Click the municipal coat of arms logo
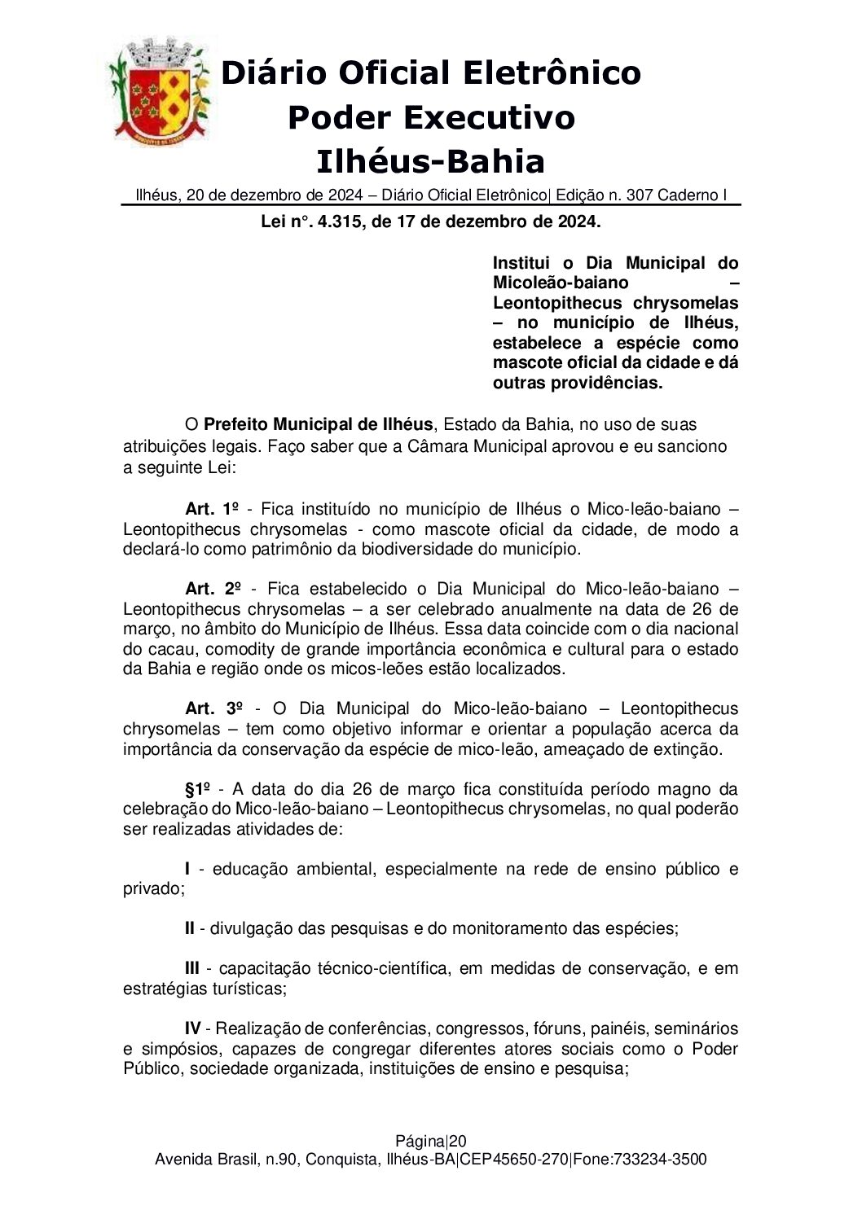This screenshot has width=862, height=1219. click(160, 90)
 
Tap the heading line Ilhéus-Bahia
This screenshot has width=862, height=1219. click(430, 161)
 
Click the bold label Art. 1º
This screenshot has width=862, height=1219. click(211, 509)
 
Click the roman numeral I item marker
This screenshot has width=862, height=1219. click(188, 869)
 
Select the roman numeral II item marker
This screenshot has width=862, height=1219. click(190, 928)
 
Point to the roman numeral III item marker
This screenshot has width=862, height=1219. click(192, 968)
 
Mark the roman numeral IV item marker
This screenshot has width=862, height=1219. click(193, 1028)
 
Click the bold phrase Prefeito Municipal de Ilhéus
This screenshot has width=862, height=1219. click(318, 425)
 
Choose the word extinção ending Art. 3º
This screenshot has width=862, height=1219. click(689, 748)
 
